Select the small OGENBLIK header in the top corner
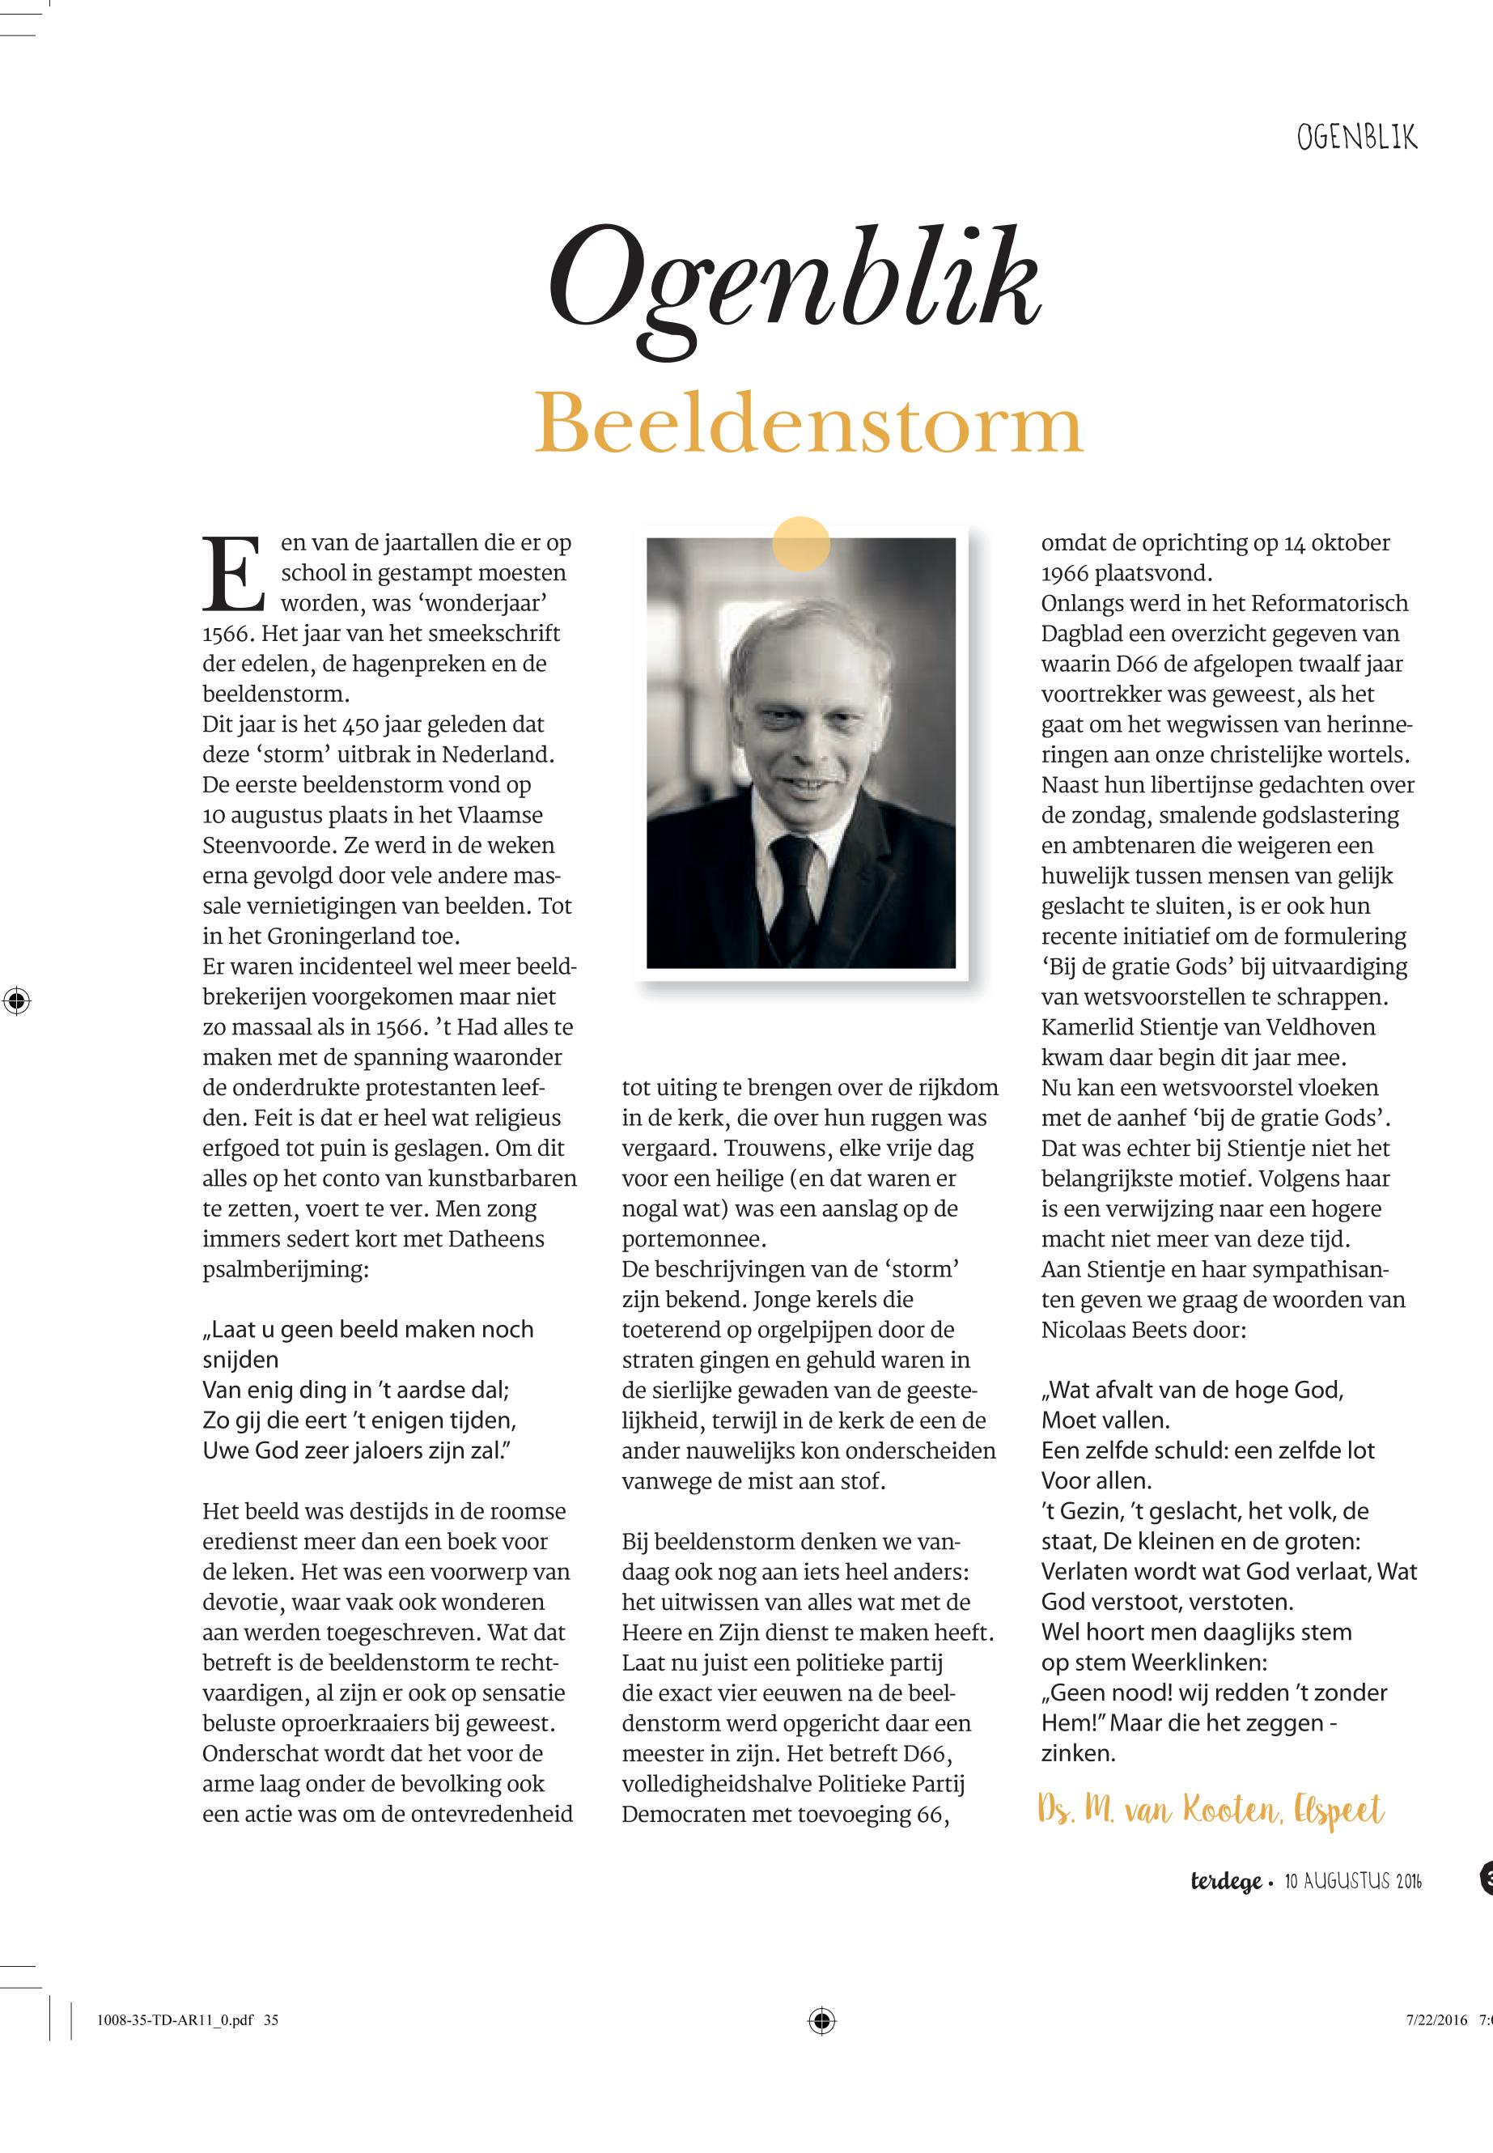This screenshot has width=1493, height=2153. pyautogui.click(x=1355, y=139)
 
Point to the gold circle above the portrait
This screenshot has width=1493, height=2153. pyautogui.click(x=802, y=544)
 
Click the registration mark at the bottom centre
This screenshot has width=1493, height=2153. pyautogui.click(x=821, y=2045)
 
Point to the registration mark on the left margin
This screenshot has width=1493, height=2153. pyautogui.click(x=16, y=1001)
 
